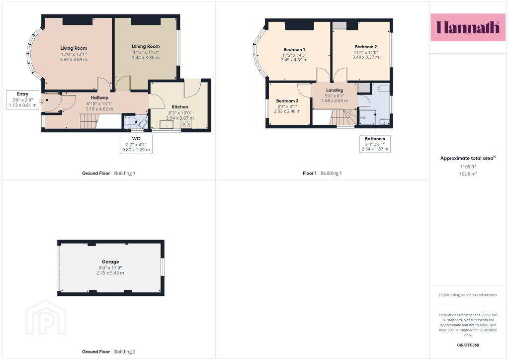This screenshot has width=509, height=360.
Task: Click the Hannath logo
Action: point(468,27)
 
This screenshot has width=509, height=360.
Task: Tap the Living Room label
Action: point(74,48)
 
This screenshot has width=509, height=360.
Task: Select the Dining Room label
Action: point(146,46)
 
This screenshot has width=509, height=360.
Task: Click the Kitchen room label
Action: point(180,107)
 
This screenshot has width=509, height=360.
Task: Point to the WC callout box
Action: point(136,144)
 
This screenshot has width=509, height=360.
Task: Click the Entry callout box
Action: point(23,99)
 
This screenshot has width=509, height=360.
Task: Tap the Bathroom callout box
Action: point(375,144)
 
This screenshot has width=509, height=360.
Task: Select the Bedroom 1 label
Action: point(294,50)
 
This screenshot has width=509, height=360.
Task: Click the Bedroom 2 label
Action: point(366,47)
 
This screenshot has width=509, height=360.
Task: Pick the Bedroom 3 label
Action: point(287,101)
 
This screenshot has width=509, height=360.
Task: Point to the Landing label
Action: point(335,90)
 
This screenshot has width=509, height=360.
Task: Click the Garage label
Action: point(110,262)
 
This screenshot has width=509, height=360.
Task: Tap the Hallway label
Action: point(99,98)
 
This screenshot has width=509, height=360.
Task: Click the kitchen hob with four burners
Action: point(186,124)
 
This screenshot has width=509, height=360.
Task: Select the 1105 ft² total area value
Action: point(468,167)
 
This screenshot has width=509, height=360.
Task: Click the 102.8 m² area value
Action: point(468,174)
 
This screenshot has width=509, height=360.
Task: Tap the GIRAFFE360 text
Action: point(468,345)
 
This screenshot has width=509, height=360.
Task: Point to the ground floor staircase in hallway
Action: point(89,121)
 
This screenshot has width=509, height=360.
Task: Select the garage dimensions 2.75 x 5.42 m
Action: point(110,273)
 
